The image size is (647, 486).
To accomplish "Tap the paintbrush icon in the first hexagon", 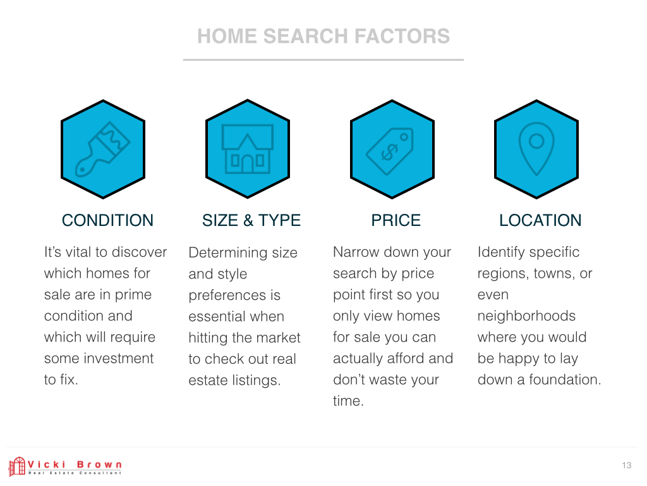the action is [103, 149].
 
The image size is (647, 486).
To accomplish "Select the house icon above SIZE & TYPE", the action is [248, 149].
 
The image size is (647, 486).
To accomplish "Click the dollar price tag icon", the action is [390, 151].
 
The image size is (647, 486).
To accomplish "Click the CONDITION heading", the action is [107, 220].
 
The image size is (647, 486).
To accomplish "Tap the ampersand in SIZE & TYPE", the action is [248, 220].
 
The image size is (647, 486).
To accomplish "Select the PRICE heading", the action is [396, 220].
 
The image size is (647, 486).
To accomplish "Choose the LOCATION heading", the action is [540, 220].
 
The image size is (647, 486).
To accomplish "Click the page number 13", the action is [627, 465].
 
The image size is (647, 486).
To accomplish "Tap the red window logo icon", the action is [17, 466].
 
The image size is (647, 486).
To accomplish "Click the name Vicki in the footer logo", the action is [47, 464].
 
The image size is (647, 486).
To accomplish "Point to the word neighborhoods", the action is [526, 316].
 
